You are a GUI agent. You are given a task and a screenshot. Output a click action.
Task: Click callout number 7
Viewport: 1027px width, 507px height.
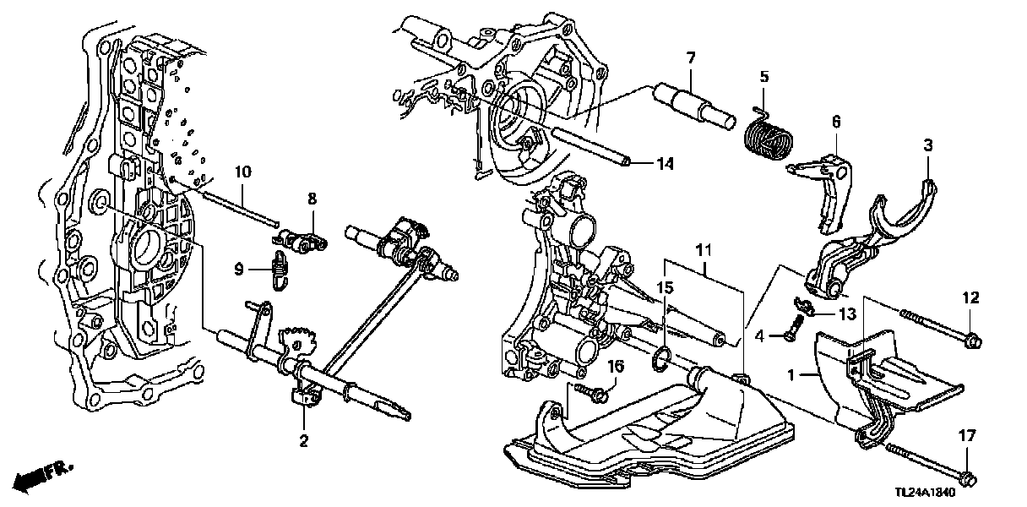pos(690,57)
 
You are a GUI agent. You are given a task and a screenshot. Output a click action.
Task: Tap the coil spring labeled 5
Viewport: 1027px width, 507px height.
pos(769,135)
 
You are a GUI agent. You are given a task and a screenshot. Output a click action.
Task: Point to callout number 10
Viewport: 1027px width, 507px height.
pos(243,172)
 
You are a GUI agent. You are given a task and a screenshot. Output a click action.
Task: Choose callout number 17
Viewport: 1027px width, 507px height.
pos(967,435)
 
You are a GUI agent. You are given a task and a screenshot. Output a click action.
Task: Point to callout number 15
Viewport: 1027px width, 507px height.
pos(665,287)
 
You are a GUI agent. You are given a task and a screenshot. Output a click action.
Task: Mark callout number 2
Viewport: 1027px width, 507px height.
pos(302,440)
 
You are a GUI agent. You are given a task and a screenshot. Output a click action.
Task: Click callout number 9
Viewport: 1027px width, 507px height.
pos(239,269)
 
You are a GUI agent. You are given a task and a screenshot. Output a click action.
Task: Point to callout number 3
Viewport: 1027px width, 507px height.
pos(927,145)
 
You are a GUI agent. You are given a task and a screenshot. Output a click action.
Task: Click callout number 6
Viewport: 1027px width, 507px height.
pos(836,122)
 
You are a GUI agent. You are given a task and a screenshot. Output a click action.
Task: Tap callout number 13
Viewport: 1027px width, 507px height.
pos(847,313)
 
